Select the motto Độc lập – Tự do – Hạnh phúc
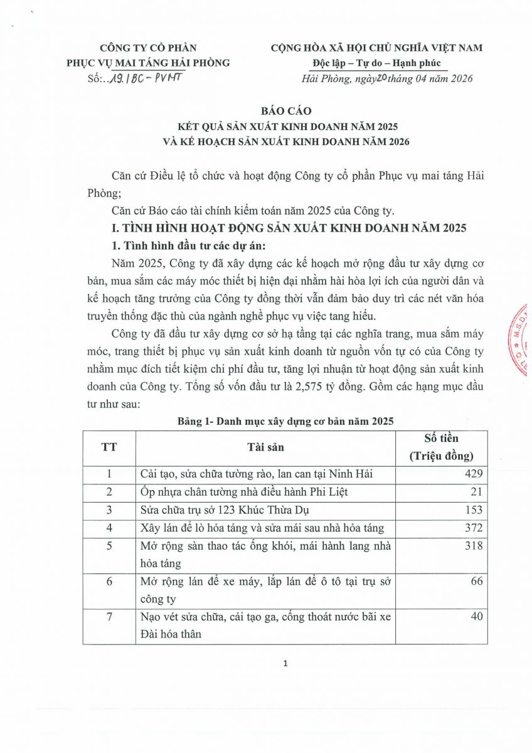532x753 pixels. [376, 63]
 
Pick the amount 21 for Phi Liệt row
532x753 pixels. [477, 492]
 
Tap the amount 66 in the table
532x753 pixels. [477, 582]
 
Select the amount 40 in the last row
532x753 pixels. [477, 617]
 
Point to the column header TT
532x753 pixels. [109, 447]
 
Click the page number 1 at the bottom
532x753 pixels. [285, 664]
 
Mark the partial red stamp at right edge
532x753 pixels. [523, 339]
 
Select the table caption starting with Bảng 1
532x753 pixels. [285, 422]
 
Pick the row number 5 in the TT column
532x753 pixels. [109, 546]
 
